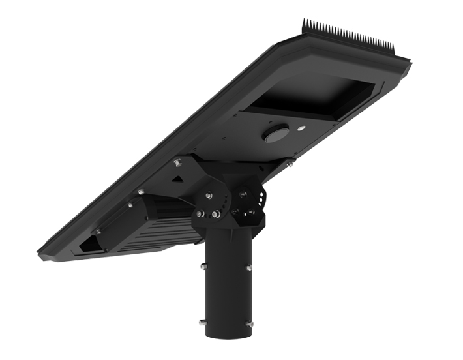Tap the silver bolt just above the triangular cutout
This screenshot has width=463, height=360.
(x=177, y=160)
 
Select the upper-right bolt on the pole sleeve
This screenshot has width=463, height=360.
(x=248, y=267)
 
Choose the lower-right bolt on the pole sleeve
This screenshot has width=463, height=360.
(x=248, y=322)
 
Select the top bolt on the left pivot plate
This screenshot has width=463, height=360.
(x=208, y=194)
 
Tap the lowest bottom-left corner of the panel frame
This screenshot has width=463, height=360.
(x=40, y=254)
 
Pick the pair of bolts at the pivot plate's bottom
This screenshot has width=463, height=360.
(x=208, y=214)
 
